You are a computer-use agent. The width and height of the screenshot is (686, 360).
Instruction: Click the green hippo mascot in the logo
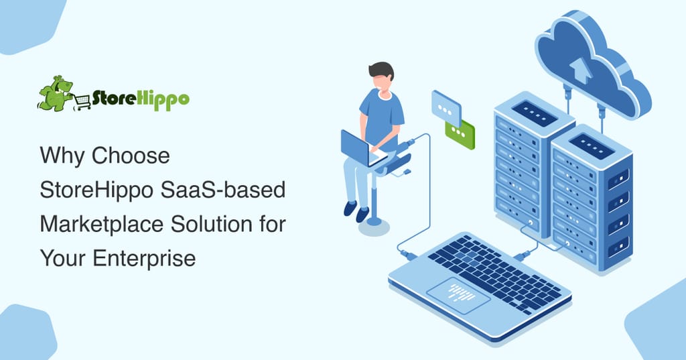tap(56, 93)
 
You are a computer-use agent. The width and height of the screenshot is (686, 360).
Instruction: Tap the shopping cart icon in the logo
tap(82, 102)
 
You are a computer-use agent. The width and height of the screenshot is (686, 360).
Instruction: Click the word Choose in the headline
tap(131, 156)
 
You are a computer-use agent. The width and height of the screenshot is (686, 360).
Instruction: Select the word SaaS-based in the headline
tap(223, 190)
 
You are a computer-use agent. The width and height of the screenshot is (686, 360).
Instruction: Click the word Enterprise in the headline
tap(144, 258)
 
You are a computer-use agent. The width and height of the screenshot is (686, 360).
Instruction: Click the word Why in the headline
tap(62, 156)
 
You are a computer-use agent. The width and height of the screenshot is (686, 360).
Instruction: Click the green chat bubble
tap(460, 134)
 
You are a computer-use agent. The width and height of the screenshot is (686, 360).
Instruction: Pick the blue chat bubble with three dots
tap(446, 108)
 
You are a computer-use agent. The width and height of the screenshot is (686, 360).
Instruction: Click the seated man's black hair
tap(381, 70)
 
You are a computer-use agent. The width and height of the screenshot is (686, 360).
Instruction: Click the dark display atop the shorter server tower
tap(592, 146)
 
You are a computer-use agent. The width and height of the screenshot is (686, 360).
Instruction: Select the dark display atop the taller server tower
tap(534, 113)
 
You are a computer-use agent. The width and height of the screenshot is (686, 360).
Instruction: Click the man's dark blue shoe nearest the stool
tap(362, 214)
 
